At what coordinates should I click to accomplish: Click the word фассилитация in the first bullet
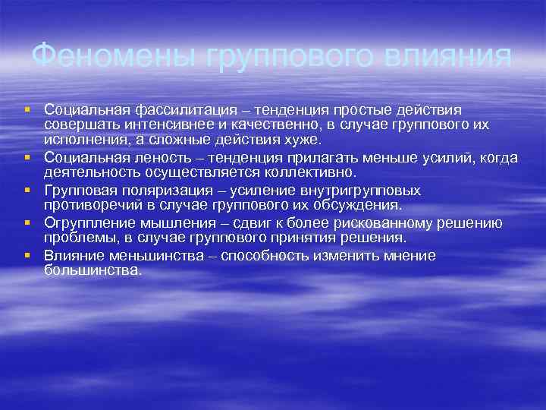coord(171,111)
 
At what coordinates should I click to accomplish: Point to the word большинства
coord(93,270)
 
